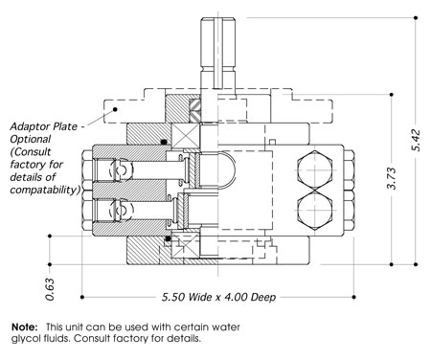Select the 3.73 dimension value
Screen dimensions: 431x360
coord(392,178)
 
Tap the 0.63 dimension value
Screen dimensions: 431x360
coord(50,289)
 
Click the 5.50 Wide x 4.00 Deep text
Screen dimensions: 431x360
coord(218,297)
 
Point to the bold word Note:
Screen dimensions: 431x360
coord(25,327)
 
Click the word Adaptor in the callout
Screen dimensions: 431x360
coord(28,127)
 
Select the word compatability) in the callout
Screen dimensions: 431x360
coord(45,190)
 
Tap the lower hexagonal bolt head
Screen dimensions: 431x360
coord(315,211)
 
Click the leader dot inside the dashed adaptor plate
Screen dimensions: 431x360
coord(115,109)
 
